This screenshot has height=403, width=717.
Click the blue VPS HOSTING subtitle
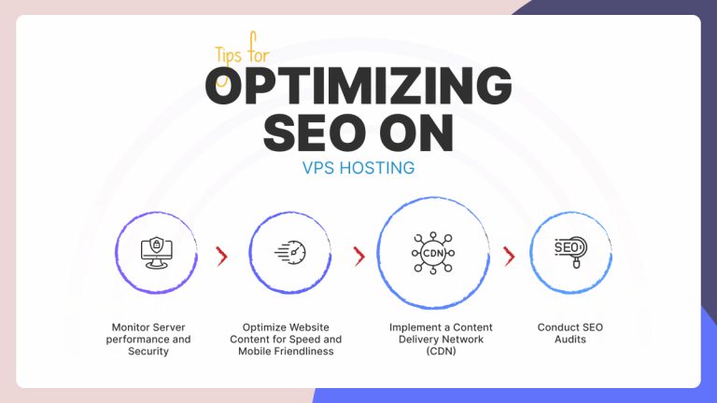358,169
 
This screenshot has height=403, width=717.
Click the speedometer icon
290,252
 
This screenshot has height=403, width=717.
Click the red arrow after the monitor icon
221,256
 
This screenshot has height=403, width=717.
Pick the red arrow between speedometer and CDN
358,256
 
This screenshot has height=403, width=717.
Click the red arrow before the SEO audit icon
509,256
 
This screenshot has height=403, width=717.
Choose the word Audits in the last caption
570,340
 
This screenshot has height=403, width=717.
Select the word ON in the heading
417,133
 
